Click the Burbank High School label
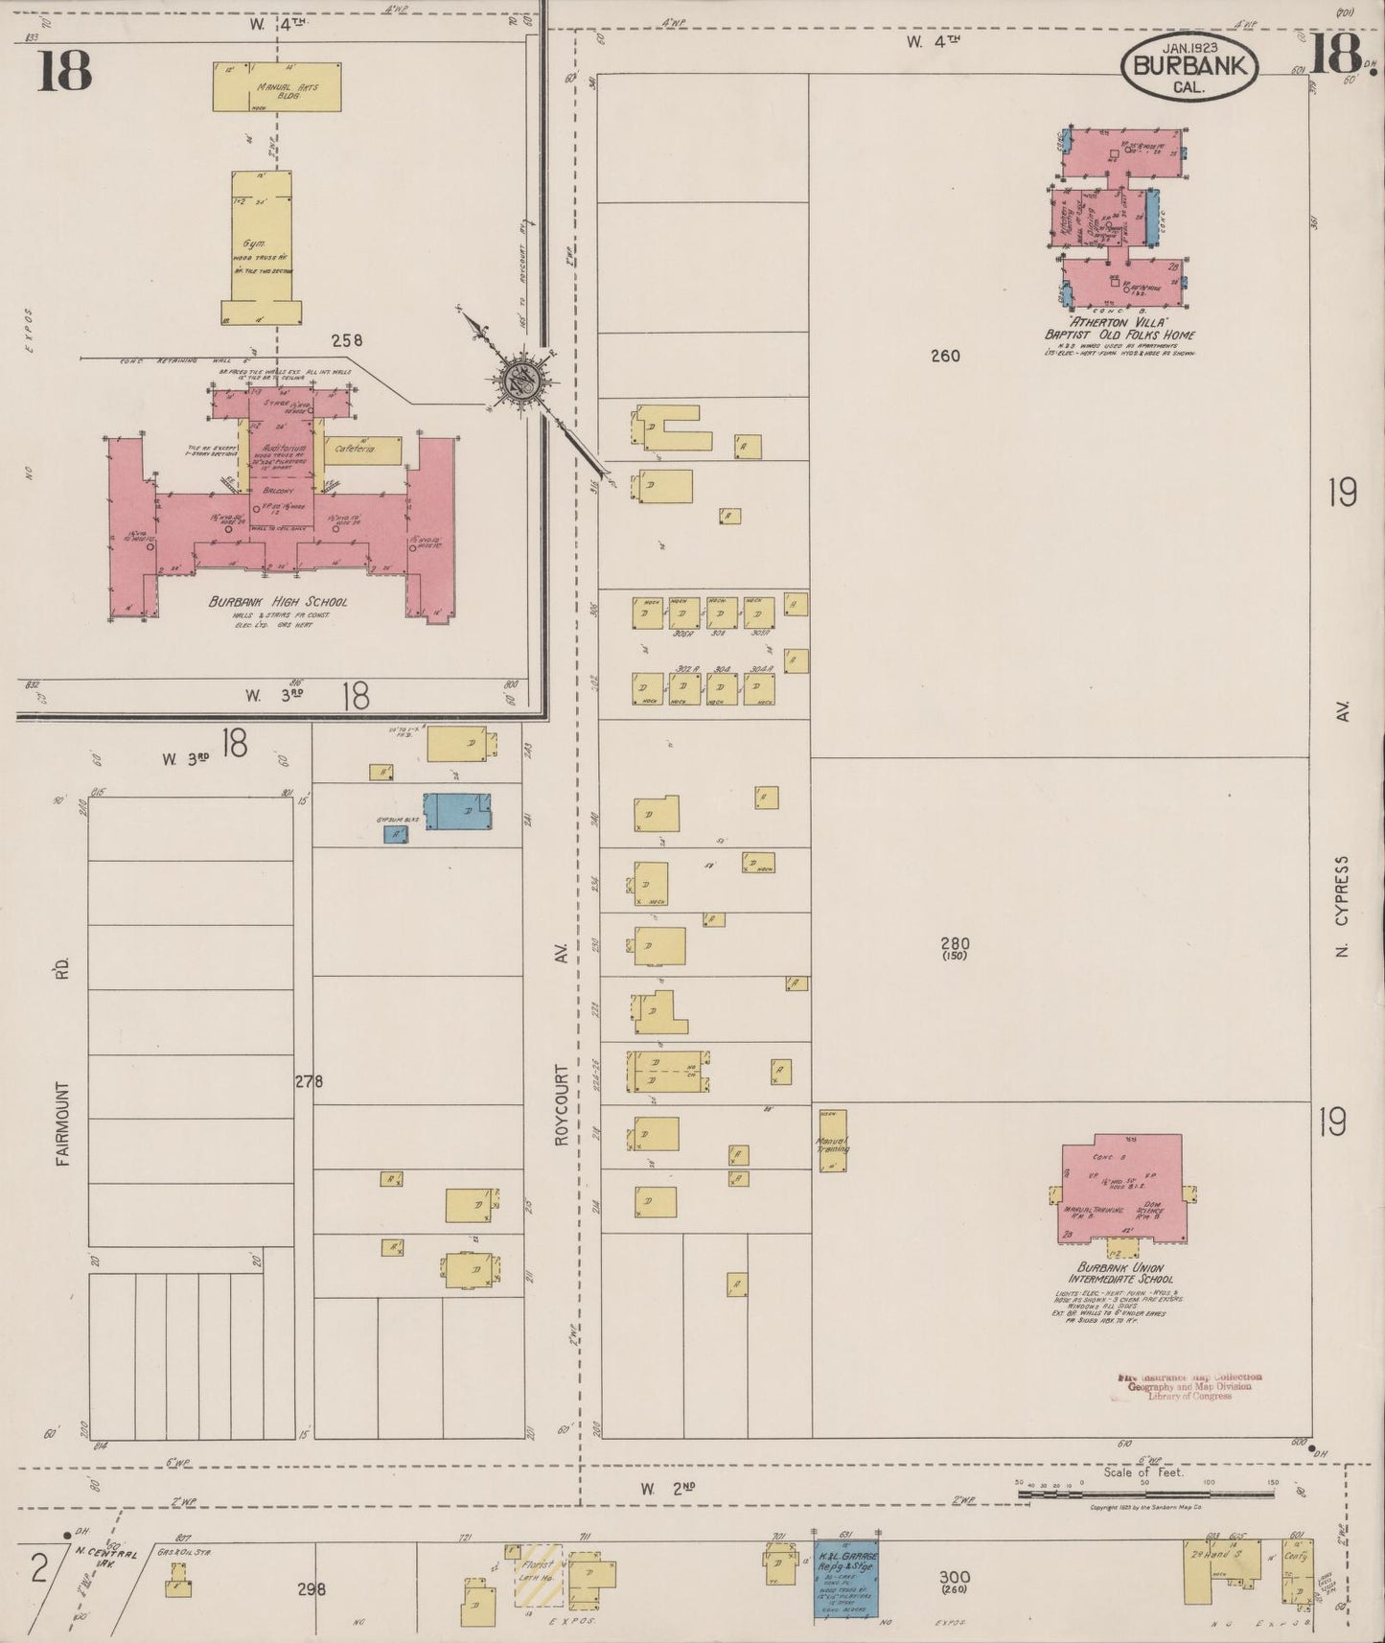278,602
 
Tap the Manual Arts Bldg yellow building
277,87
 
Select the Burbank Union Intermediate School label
1120,1273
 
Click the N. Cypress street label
1342,907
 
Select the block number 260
944,356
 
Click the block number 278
309,1081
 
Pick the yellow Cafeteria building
362,449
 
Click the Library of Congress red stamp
1189,1386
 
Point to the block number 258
347,339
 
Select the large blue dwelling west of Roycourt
457,811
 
